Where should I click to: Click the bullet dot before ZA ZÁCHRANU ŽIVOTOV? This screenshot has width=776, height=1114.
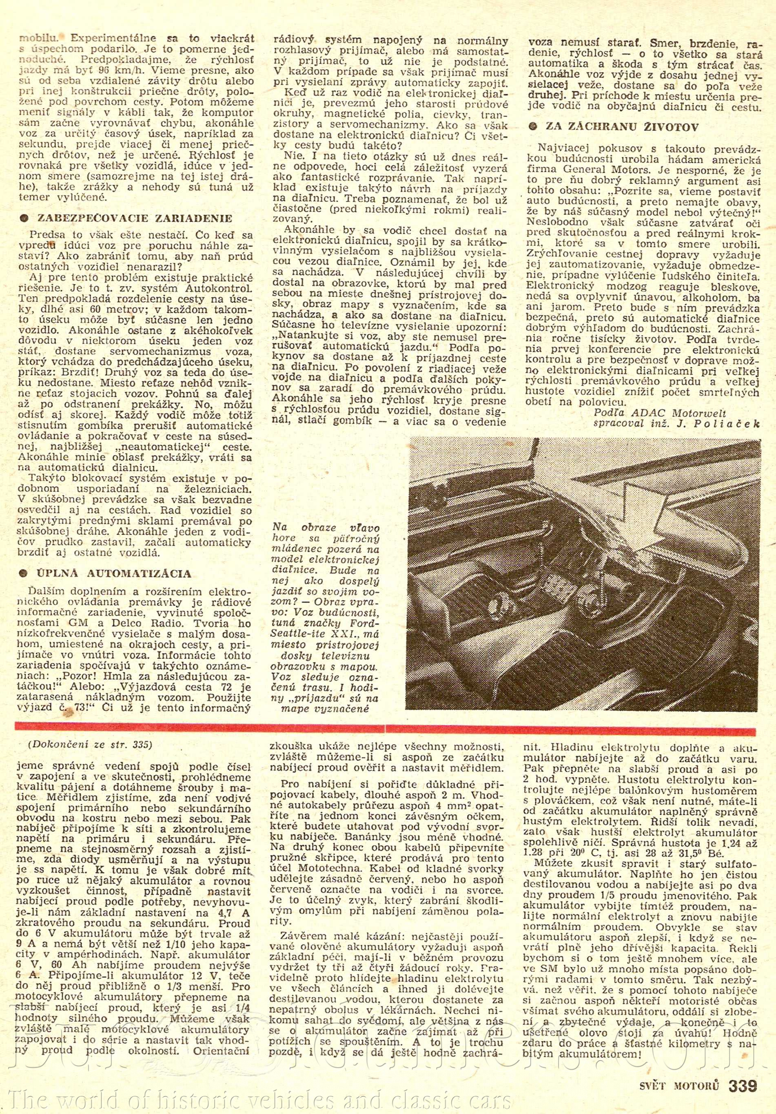(x=534, y=128)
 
